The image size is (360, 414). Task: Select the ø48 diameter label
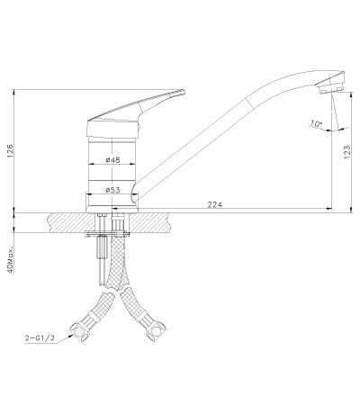(112, 161)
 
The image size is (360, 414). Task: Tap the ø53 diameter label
(112, 190)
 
